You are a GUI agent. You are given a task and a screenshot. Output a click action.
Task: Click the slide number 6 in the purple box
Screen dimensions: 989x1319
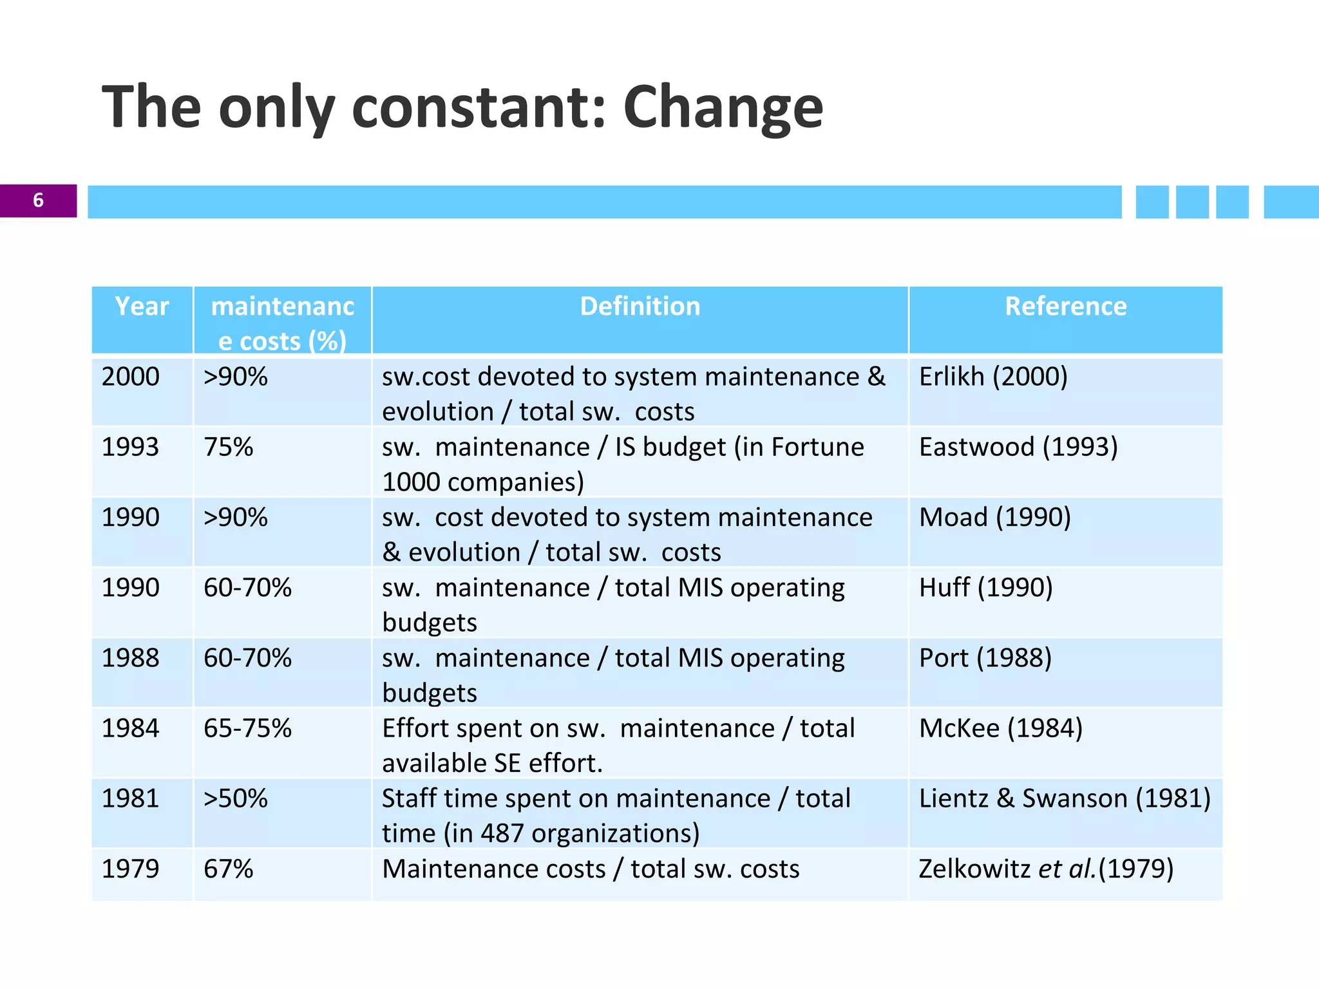pos(38,200)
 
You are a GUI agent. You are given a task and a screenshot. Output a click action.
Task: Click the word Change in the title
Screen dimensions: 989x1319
pos(723,108)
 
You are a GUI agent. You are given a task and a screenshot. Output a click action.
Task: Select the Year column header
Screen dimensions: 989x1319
pos(142,306)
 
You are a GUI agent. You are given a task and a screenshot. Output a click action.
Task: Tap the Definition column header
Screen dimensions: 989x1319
pos(640,306)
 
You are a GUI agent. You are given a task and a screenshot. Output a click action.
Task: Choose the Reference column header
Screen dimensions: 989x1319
pos(1065,306)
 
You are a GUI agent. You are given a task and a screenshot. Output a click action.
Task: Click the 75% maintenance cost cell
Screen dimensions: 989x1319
pos(229,447)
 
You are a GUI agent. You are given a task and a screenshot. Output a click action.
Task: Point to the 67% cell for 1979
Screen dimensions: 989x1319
pos(229,869)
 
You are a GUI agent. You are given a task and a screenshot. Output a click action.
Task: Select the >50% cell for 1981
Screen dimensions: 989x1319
pos(235,798)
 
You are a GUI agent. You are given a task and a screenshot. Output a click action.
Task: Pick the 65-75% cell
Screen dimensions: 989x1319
pos(247,728)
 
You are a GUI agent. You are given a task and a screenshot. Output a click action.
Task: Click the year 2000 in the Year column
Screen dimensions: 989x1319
pos(131,377)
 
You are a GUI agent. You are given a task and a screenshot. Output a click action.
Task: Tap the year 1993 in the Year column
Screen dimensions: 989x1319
pos(131,447)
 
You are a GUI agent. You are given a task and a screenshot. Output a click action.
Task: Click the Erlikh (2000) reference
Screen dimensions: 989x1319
pos(993,377)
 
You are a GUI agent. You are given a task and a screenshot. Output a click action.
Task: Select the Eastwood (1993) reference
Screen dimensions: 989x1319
pos(1018,447)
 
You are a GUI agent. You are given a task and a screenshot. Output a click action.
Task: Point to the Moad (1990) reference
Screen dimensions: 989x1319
pos(995,517)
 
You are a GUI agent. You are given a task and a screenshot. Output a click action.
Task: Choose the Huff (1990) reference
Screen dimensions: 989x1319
pos(985,587)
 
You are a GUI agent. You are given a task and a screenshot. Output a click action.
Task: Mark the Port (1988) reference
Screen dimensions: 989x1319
pos(985,658)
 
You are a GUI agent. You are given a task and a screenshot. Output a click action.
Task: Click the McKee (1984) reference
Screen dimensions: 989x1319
pos(1001,728)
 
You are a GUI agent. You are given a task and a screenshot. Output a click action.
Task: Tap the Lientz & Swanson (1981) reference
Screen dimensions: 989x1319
pos(1065,798)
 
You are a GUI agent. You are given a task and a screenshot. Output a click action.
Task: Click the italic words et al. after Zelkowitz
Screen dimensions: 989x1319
pos(1067,869)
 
